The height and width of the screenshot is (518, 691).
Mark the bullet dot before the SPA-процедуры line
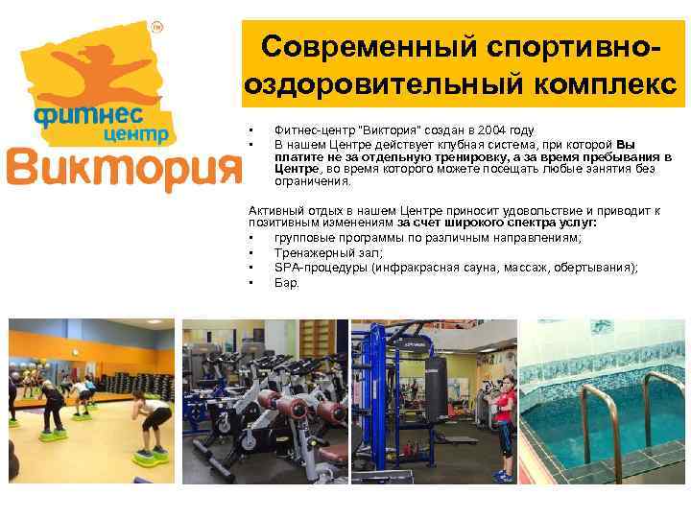click(x=250, y=268)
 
